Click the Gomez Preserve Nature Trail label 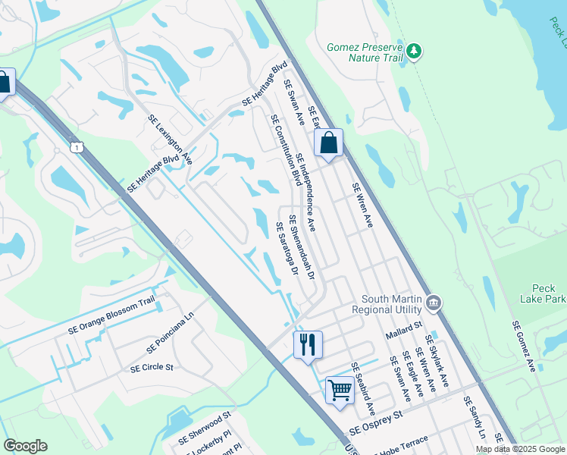pos(363,52)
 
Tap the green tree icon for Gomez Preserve pos(414,52)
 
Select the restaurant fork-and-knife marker pos(308,345)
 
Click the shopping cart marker pos(340,391)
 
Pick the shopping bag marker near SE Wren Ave pos(328,143)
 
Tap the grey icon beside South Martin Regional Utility pos(434,303)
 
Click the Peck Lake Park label pos(544,294)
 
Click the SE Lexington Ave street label pos(170,140)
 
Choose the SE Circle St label pos(152,367)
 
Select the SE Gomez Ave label pos(524,346)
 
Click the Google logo pos(25,446)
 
